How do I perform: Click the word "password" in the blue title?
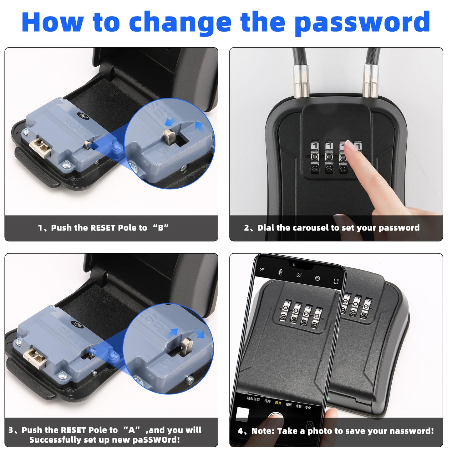362,23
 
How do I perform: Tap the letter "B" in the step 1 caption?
160,228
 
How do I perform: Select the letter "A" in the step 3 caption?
132,430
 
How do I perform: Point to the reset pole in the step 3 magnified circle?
187,345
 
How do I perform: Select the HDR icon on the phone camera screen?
281,272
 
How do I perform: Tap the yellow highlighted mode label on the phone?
278,403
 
